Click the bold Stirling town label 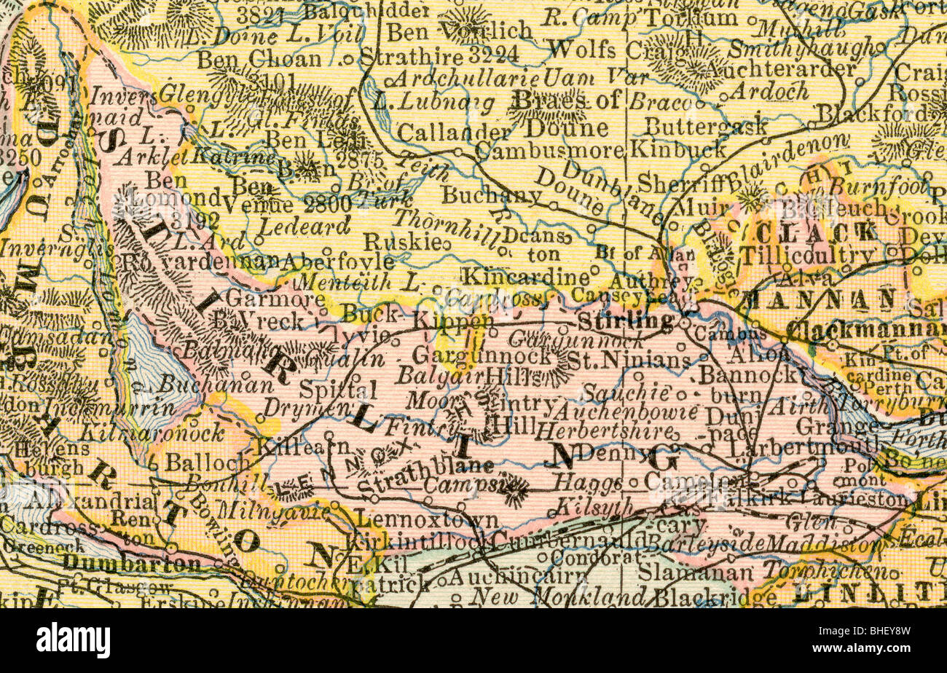(x=625, y=321)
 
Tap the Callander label (x=454, y=133)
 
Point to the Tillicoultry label (x=806, y=255)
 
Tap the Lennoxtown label (x=425, y=520)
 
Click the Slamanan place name (x=694, y=573)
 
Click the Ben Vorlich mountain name (x=459, y=31)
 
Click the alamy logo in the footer (x=73, y=640)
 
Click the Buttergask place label (x=705, y=125)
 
